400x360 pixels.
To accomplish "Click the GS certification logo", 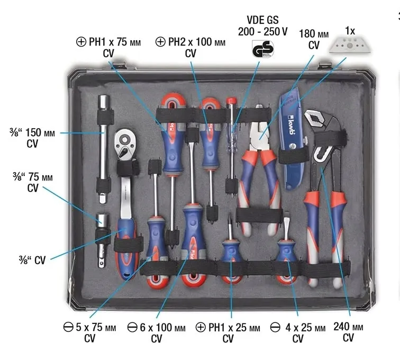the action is click(263, 49).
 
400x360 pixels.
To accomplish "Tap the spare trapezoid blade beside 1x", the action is click(350, 45).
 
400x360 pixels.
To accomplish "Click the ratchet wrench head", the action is click(125, 145).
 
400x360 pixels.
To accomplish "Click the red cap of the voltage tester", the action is click(231, 101).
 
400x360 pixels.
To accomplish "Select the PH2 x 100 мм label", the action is click(190, 42).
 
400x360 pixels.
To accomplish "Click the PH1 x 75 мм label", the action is click(108, 42).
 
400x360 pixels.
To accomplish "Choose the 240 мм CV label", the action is click(348, 332).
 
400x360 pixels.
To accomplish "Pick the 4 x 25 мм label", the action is click(298, 328).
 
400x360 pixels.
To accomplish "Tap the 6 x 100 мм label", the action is click(156, 327).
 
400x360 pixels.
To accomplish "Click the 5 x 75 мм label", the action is click(89, 327).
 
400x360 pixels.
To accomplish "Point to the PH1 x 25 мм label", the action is click(228, 327).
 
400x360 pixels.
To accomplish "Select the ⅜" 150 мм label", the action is click(32, 133).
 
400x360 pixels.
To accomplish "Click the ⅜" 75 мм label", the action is click(33, 177).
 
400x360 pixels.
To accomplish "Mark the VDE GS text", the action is click(262, 20).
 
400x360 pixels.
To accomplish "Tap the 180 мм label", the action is click(314, 34).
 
